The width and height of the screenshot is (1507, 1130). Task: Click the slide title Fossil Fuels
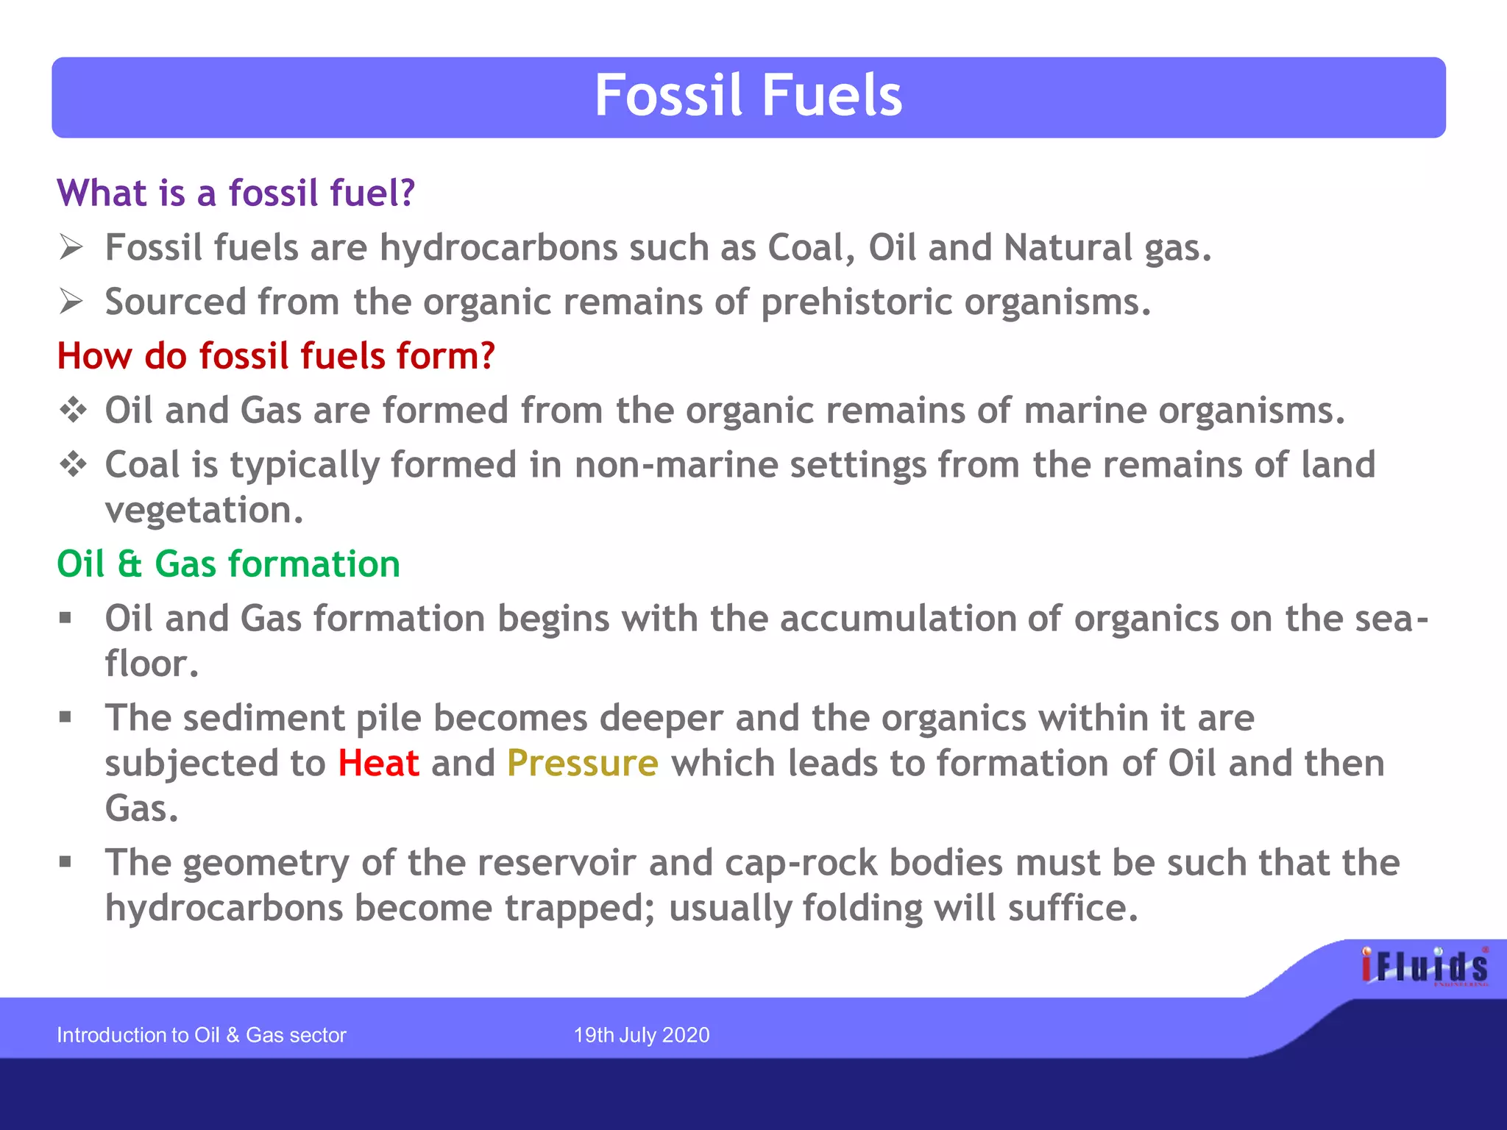point(748,96)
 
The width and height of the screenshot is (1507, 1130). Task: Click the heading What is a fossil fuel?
point(236,193)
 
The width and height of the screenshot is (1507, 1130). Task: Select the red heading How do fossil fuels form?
point(276,356)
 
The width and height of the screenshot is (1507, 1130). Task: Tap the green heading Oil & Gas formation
point(228,564)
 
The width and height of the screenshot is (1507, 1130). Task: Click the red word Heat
point(378,764)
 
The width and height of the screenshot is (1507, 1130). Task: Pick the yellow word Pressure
point(582,764)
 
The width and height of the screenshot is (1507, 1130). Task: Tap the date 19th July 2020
point(642,1035)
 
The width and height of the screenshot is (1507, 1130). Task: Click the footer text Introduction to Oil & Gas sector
point(201,1035)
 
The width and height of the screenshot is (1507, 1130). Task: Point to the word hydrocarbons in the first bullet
point(498,248)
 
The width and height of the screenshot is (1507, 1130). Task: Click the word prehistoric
point(857,302)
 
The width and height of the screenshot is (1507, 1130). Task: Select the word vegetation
point(204,511)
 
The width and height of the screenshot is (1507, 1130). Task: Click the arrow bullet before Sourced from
point(71,302)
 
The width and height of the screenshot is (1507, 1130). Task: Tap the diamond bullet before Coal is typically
point(73,464)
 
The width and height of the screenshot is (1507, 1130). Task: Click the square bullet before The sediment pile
point(65,717)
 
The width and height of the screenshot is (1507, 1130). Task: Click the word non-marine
point(676,465)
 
